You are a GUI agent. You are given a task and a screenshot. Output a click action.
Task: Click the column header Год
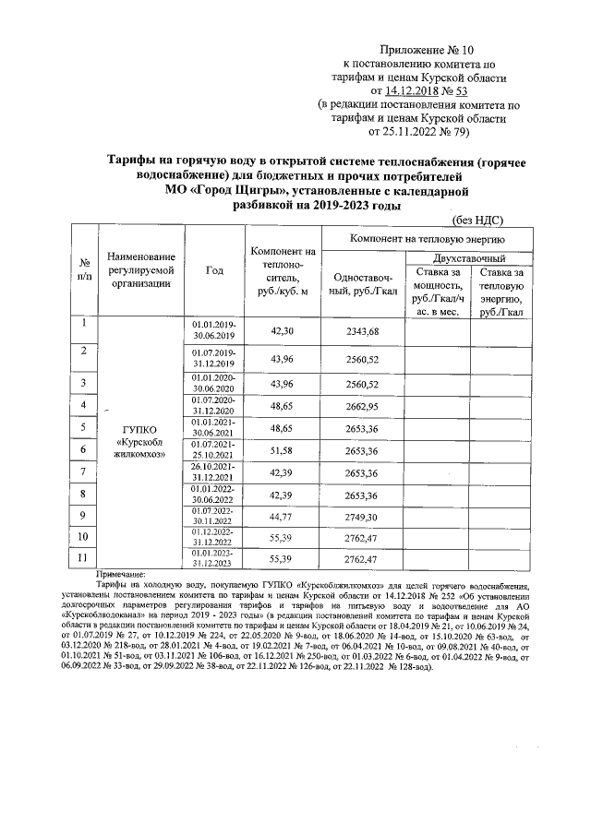(214, 270)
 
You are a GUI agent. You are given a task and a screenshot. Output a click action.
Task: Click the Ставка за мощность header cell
(437, 292)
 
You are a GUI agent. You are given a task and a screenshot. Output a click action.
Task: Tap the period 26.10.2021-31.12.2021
(214, 472)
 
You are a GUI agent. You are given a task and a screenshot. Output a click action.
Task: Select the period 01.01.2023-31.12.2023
(214, 558)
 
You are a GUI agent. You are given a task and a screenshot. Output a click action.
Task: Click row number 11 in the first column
(84, 557)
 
